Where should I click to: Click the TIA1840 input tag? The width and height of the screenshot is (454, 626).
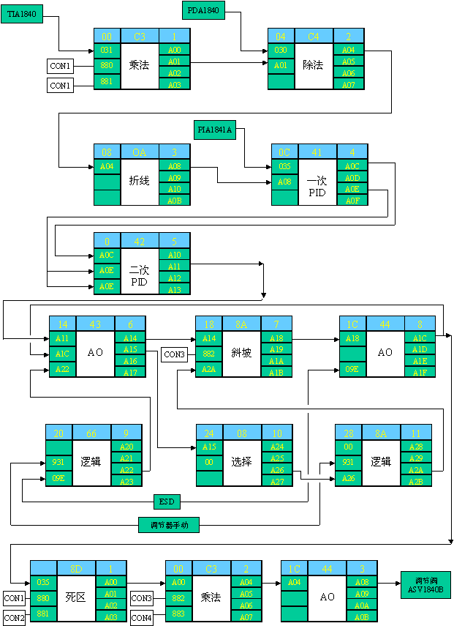[22, 13]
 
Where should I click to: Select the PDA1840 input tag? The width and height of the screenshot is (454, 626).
[203, 10]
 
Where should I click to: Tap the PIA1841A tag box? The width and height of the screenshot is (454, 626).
[214, 130]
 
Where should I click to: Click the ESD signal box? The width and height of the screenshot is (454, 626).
[166, 502]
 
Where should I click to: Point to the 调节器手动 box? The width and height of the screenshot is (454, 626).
[168, 524]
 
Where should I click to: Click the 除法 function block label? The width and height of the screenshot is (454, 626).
[313, 65]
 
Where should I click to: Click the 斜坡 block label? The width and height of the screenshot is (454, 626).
[241, 353]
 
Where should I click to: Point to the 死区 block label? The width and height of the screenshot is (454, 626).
[76, 597]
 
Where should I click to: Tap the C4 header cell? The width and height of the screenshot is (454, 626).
[314, 36]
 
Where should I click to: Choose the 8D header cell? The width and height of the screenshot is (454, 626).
[75, 567]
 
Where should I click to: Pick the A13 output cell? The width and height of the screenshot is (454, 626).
[175, 289]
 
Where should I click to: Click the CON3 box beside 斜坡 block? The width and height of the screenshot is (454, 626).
[174, 354]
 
